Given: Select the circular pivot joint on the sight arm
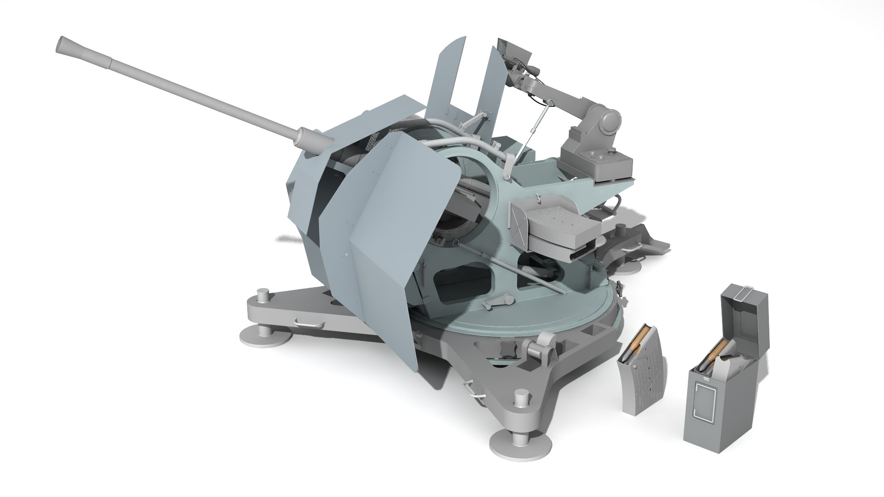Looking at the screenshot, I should coord(610,121).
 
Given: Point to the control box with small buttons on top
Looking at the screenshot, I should coord(599,166).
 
